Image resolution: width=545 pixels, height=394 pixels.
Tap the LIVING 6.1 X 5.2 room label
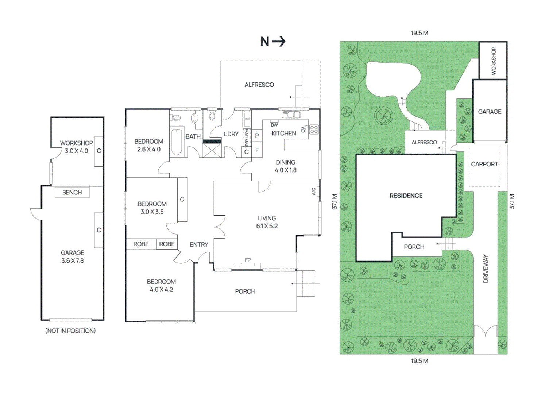(267, 222)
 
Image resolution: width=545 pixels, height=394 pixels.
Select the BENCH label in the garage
(72, 192)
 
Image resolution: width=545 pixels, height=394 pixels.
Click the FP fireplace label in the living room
(248, 260)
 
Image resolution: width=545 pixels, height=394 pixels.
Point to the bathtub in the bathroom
(177, 141)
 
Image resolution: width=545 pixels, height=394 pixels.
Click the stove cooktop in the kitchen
(314, 130)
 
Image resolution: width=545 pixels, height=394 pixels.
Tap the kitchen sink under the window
(291, 115)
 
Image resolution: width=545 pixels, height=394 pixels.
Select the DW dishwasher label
(274, 125)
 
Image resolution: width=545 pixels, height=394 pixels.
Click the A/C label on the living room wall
(314, 191)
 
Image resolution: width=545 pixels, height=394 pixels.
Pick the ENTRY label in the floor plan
(199, 244)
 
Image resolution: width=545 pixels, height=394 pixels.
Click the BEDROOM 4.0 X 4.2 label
(161, 286)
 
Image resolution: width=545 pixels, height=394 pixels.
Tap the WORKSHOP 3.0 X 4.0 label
(77, 147)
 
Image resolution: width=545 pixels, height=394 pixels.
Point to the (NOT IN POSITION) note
(70, 331)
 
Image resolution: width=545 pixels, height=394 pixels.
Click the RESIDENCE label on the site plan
(406, 196)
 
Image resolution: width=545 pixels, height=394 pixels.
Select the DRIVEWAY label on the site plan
(486, 269)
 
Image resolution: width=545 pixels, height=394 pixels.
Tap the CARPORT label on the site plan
(484, 164)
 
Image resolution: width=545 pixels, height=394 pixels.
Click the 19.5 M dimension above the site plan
(420, 33)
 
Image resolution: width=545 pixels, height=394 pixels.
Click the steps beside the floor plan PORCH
(306, 283)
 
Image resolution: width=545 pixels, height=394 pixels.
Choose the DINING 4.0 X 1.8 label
(286, 166)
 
